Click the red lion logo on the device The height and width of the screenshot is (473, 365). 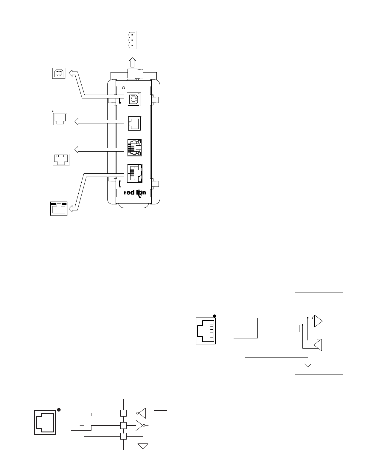[x=135, y=193]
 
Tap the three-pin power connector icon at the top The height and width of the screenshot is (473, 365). [x=132, y=40]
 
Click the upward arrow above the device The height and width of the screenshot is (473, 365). [x=132, y=62]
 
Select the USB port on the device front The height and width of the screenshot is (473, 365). [x=134, y=99]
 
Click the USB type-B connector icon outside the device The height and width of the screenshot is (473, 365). [x=59, y=73]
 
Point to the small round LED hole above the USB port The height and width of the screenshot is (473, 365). [x=124, y=88]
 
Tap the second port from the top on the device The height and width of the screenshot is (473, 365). [x=134, y=124]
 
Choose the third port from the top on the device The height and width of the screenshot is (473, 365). [x=134, y=148]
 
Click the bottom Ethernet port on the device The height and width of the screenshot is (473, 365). [x=135, y=173]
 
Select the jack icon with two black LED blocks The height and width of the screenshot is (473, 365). [x=59, y=209]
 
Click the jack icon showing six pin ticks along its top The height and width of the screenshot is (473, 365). [x=61, y=160]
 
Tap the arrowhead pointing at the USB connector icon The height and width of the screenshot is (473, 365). [x=71, y=73]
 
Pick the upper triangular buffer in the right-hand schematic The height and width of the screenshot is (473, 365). [x=318, y=321]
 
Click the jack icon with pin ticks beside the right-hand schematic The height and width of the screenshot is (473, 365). [x=206, y=331]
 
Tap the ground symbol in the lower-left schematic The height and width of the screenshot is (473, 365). [x=143, y=446]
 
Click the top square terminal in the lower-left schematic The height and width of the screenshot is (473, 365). [x=123, y=413]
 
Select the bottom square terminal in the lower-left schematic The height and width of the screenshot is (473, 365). [x=123, y=436]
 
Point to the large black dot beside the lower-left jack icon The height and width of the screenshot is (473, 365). [x=59, y=410]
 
